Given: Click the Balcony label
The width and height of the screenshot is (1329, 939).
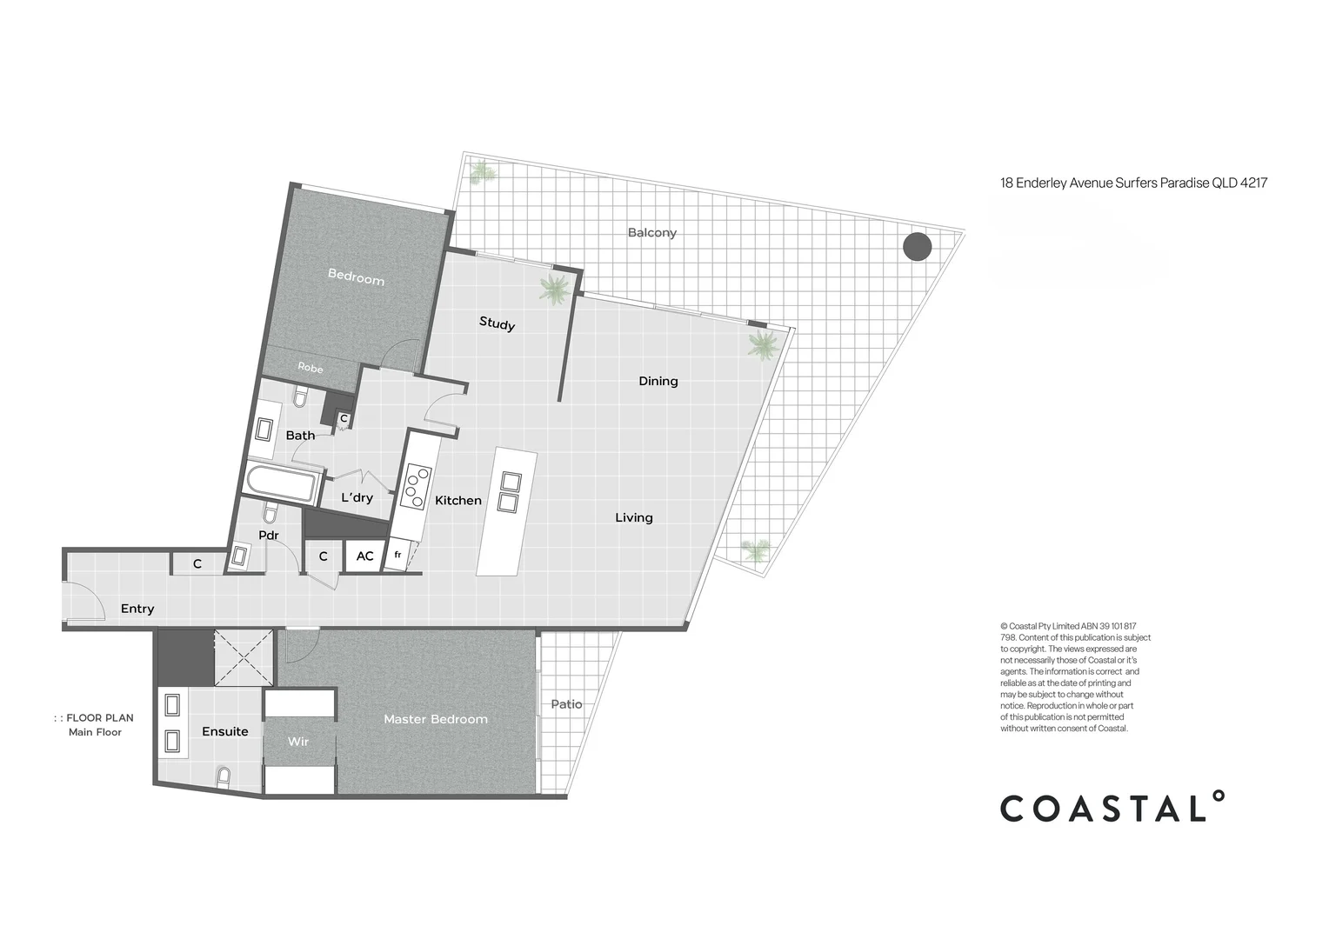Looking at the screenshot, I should coord(651,232).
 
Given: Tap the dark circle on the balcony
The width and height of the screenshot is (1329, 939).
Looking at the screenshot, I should coord(917,247).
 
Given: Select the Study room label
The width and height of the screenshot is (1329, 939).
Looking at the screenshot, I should coord(497,323).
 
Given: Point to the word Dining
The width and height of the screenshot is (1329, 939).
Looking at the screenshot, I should coord(658,381).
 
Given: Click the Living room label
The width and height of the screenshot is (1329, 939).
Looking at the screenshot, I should coord(633,517).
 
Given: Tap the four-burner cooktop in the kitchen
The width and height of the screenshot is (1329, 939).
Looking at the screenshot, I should coord(415,488).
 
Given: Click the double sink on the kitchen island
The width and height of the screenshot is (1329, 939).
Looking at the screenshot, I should coord(510,492).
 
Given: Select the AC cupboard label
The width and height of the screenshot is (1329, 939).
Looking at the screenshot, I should coord(364,556).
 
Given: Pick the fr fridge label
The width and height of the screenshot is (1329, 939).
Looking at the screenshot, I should coord(397,555).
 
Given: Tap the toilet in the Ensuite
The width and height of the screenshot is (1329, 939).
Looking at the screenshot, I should coord(224,776).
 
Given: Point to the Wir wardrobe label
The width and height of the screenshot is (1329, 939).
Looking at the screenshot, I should coord(298,742).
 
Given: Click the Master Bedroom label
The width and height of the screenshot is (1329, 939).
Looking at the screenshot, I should coord(435,719).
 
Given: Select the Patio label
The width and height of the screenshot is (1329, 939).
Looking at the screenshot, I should coord(566,704).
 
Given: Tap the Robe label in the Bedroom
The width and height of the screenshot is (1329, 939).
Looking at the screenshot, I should coord(310,368).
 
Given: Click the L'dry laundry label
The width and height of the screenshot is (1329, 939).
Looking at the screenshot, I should coord(357,497).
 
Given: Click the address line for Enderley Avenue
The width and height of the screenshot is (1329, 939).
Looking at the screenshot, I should coord(1133,183).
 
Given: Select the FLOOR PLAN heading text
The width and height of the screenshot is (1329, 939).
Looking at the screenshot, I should coord(99,718).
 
